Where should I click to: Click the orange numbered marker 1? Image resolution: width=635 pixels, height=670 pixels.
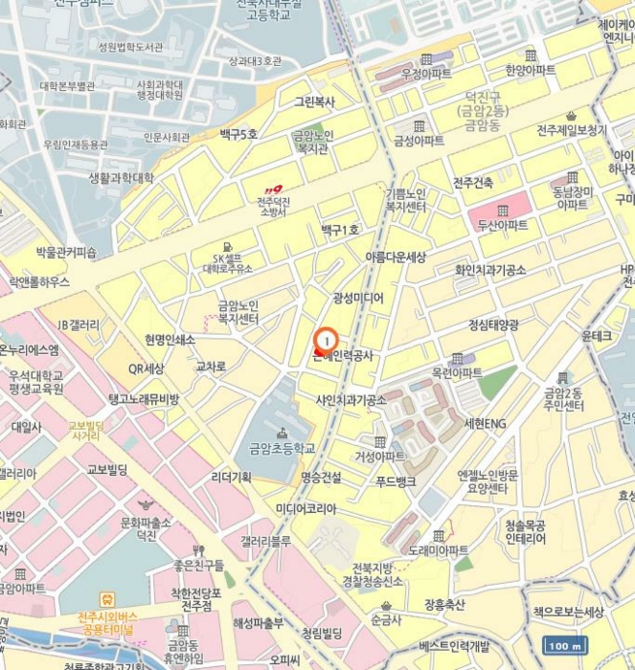point(327,339)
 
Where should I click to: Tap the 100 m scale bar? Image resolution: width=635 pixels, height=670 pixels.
point(563,646)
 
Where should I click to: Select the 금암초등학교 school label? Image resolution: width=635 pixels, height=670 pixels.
point(282,447)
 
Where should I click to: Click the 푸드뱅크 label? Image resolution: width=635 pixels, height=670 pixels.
point(396,480)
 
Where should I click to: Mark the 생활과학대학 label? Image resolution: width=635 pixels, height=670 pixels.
point(121,177)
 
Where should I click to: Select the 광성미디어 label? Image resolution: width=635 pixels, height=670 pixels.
point(357,298)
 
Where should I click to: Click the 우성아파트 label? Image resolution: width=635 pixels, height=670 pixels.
point(426,73)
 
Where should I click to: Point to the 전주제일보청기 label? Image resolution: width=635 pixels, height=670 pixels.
point(572,130)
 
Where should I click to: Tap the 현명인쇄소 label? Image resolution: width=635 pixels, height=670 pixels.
point(170,339)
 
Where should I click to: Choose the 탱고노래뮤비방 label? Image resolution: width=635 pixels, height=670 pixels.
point(144,398)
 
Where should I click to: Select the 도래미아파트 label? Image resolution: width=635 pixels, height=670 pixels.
point(439,550)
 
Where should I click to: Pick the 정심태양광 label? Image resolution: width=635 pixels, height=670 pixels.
point(493,325)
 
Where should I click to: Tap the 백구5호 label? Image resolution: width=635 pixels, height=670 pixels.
point(238,134)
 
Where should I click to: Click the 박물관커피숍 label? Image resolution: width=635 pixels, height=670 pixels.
point(66,253)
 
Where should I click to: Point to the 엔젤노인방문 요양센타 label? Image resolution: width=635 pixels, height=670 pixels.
point(488,480)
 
